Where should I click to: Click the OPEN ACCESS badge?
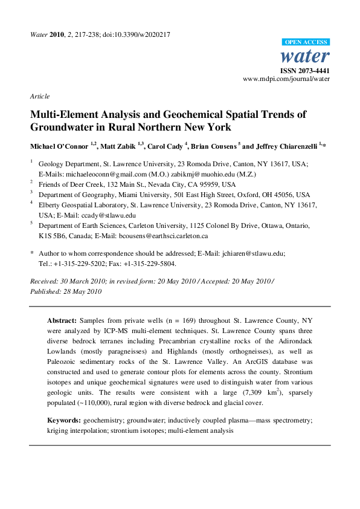point(306,42)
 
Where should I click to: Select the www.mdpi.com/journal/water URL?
point(286,79)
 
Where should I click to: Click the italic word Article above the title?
point(39,96)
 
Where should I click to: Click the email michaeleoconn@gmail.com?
point(99,173)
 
